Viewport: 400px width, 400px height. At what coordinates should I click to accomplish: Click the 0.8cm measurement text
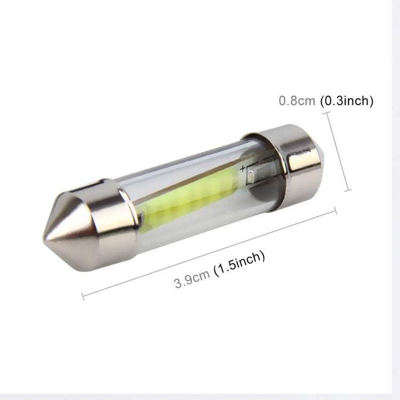pos(297,101)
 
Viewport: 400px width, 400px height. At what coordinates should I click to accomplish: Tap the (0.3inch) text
pos(346,101)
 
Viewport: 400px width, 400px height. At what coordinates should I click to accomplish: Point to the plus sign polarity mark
pos(243,170)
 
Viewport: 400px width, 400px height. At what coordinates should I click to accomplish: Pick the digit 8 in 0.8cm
pos(292,101)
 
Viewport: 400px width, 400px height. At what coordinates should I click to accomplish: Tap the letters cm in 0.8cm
pos(307,101)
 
